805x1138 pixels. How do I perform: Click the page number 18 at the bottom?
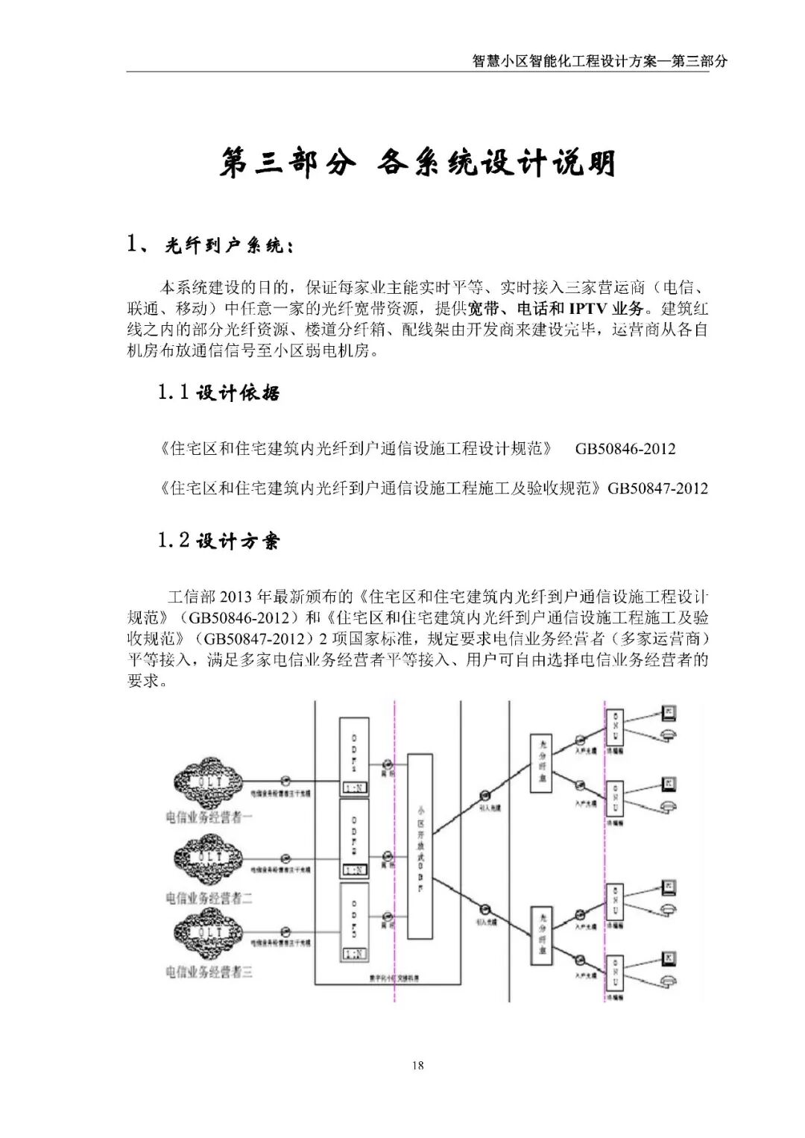click(417, 1065)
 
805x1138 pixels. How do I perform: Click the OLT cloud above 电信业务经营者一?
click(209, 782)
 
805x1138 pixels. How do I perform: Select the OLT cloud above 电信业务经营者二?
click(209, 858)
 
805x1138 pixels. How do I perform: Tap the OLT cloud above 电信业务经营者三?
click(209, 933)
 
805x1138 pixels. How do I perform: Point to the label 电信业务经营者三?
click(209, 972)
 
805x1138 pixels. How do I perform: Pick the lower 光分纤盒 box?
click(541, 937)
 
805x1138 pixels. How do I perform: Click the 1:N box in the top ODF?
click(354, 788)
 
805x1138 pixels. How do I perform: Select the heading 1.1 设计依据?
click(219, 392)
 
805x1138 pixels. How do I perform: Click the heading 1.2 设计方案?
click(219, 540)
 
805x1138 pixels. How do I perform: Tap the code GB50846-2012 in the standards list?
click(625, 449)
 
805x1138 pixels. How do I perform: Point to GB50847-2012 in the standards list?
click(657, 488)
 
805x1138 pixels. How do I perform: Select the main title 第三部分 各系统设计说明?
click(417, 163)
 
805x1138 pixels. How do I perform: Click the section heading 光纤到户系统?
click(224, 245)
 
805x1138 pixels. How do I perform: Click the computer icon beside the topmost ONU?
click(669, 712)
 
